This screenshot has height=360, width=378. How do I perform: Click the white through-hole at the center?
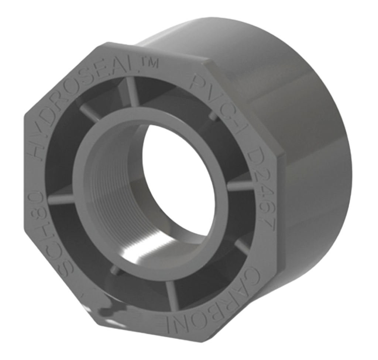tap(177, 181)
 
